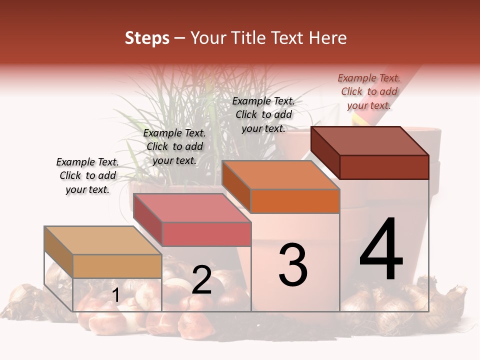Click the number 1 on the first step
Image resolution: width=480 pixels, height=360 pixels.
tap(115, 295)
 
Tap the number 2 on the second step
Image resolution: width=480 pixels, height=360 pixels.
tap(201, 280)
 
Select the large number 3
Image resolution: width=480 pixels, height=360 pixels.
tap(293, 264)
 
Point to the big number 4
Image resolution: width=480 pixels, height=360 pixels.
tap(381, 249)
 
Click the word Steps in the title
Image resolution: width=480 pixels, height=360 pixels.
tap(147, 38)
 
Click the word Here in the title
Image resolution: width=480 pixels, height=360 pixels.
tap(328, 38)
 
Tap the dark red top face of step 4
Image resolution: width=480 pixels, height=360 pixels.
tap(370, 141)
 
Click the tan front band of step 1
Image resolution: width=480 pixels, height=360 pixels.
tap(117, 266)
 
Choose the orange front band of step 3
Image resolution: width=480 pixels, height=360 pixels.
tap(295, 201)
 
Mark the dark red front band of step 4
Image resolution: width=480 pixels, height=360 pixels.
tap(384, 167)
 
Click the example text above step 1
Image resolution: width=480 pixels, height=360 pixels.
tap(87, 175)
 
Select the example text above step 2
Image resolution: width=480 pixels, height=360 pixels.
tap(174, 146)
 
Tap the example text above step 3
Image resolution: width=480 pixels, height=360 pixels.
tap(263, 114)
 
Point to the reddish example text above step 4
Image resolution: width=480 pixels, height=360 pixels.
tap(369, 91)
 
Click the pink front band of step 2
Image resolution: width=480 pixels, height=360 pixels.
tap(206, 234)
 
